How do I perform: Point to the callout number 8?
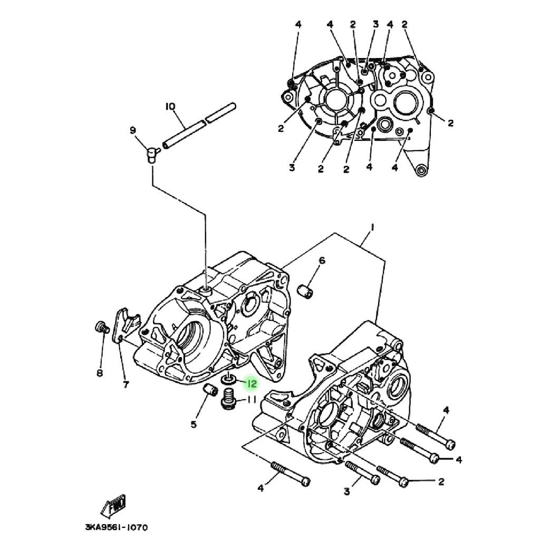[99, 373]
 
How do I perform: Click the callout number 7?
[126, 384]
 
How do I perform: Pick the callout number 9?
[132, 130]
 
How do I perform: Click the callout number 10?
[170, 107]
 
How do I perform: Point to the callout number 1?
[372, 227]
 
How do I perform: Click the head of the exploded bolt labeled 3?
[375, 480]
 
